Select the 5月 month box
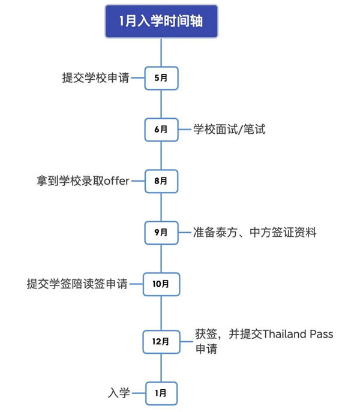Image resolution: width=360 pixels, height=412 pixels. [161, 78]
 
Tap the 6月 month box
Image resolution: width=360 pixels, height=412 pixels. [161, 129]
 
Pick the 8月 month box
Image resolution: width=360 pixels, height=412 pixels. [161, 180]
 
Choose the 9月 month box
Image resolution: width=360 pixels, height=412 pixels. [161, 232]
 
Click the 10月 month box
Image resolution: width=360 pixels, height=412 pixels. [161, 284]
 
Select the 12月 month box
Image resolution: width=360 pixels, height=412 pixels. [161, 342]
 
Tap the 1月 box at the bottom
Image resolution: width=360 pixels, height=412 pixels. [161, 393]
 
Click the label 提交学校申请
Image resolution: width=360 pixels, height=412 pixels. [95, 78]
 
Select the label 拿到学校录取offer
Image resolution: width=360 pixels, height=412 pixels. [83, 180]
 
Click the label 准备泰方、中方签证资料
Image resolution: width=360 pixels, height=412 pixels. [254, 232]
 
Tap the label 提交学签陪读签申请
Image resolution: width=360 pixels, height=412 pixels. [77, 284]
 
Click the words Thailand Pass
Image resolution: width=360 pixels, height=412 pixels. [298, 334]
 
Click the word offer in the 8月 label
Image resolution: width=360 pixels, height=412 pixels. [117, 180]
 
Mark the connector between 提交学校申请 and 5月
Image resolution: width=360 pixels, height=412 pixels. [139, 78]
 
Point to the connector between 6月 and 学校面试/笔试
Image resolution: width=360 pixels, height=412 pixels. [184, 129]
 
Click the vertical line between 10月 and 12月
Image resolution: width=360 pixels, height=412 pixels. [161, 312]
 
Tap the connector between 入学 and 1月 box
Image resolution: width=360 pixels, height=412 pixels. [139, 393]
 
